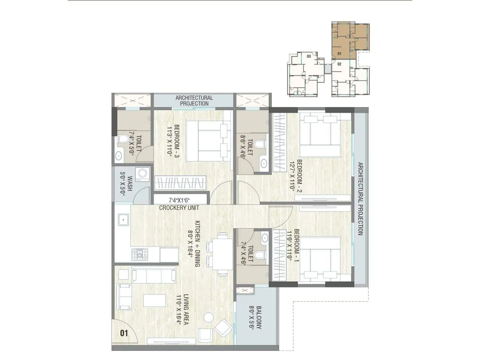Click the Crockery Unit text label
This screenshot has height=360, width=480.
click(179, 208)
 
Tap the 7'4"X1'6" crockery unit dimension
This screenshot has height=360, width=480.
click(179, 200)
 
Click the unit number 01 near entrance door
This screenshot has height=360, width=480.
click(124, 333)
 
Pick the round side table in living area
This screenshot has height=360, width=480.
click(208, 317)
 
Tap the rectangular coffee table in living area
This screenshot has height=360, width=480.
click(154, 301)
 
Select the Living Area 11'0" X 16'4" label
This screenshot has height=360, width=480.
click(182, 310)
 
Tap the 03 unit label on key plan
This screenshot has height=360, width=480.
click(309, 56)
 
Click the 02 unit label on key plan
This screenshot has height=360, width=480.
click(339, 64)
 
